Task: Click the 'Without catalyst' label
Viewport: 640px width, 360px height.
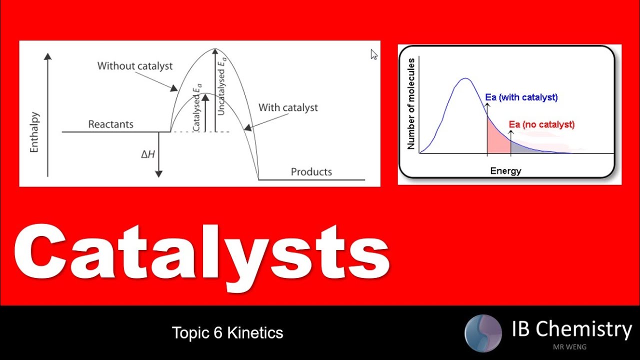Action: click(134, 66)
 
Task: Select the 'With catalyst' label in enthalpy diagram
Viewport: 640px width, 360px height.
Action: click(288, 107)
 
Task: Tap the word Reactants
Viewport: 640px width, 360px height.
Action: click(110, 124)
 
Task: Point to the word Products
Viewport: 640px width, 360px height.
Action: click(311, 172)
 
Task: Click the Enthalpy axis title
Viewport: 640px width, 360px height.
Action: click(34, 132)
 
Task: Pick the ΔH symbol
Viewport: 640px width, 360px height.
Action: click(147, 154)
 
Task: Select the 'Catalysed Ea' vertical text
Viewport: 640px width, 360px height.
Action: click(196, 107)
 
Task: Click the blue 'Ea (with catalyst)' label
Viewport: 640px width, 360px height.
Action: click(521, 97)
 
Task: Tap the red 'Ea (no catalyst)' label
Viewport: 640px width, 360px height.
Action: click(541, 124)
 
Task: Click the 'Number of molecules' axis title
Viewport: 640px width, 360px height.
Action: click(411, 104)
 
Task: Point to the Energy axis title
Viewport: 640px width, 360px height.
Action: click(505, 171)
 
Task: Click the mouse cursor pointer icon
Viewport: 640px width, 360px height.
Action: click(374, 54)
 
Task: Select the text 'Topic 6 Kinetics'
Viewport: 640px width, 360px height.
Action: click(227, 332)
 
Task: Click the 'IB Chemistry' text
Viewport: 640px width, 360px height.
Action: click(571, 329)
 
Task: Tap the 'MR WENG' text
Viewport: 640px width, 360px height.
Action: click(569, 347)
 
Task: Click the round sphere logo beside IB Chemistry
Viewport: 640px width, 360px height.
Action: click(482, 333)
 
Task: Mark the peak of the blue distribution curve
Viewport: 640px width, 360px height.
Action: click(465, 78)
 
